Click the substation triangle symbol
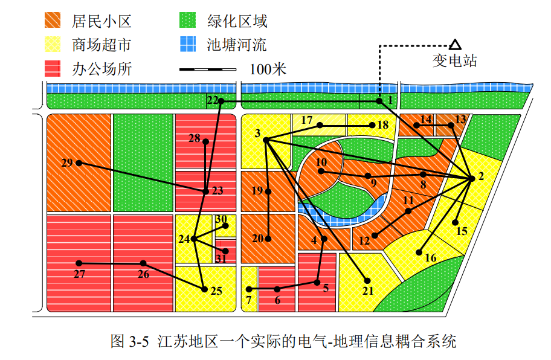pyautogui.click(x=455, y=44)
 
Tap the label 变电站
pyautogui.click(x=454, y=61)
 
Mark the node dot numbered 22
pyautogui.click(x=221, y=101)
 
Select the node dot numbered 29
pyautogui.click(x=79, y=163)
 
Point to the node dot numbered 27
pyautogui.click(x=79, y=263)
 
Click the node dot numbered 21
pyautogui.click(x=367, y=280)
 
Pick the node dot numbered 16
pyautogui.click(x=419, y=251)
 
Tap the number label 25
pyautogui.click(x=216, y=291)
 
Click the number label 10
pyautogui.click(x=321, y=162)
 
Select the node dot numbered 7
pyautogui.click(x=249, y=289)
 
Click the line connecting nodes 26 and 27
pyautogui.click(x=111, y=263)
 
